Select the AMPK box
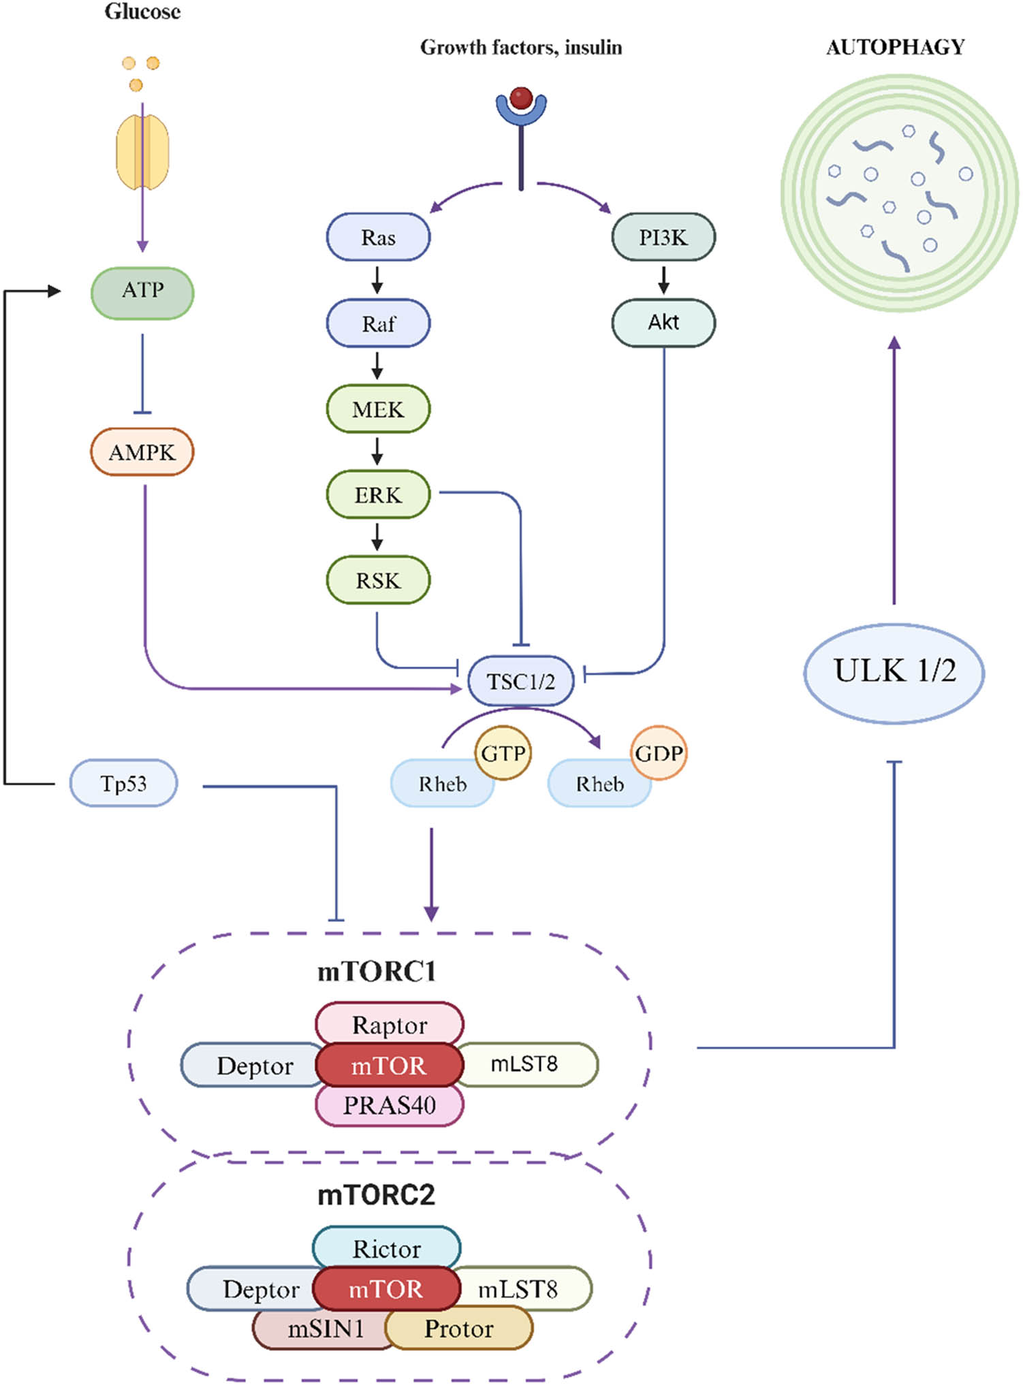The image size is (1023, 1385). (142, 452)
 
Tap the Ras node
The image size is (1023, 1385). (378, 237)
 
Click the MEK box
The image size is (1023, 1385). (378, 409)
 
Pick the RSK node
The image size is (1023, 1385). (378, 580)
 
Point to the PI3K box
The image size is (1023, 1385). (663, 237)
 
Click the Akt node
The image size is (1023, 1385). (663, 322)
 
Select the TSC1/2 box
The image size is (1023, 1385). (521, 681)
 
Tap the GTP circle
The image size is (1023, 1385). (503, 753)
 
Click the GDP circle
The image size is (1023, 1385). (659, 753)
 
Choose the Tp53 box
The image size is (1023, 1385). (123, 784)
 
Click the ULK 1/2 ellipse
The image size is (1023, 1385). (894, 671)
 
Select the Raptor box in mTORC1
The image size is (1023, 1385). (390, 1024)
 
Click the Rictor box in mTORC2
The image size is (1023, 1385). (386, 1248)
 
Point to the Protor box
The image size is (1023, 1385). (459, 1328)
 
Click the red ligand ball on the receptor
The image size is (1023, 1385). (521, 97)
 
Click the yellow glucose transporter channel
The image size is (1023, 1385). (142, 151)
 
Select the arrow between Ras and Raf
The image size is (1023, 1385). (377, 279)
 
